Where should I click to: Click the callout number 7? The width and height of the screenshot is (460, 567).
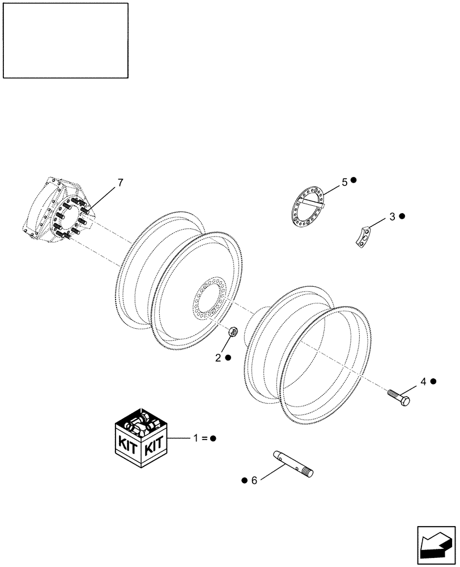tap(120, 183)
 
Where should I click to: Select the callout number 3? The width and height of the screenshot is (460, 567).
tap(392, 217)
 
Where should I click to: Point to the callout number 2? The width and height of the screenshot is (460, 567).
tap(218, 358)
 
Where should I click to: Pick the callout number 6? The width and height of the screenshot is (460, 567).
tap(254, 480)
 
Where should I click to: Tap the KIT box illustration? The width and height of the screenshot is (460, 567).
tap(140, 436)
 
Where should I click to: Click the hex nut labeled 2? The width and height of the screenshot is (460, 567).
tap(233, 333)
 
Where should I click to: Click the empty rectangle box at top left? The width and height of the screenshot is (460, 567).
tap(65, 40)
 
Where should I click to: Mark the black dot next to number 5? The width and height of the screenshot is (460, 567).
tap(353, 180)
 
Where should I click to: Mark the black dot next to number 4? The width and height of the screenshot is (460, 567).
tap(433, 382)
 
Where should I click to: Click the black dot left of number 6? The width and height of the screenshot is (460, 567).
tap(244, 480)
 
